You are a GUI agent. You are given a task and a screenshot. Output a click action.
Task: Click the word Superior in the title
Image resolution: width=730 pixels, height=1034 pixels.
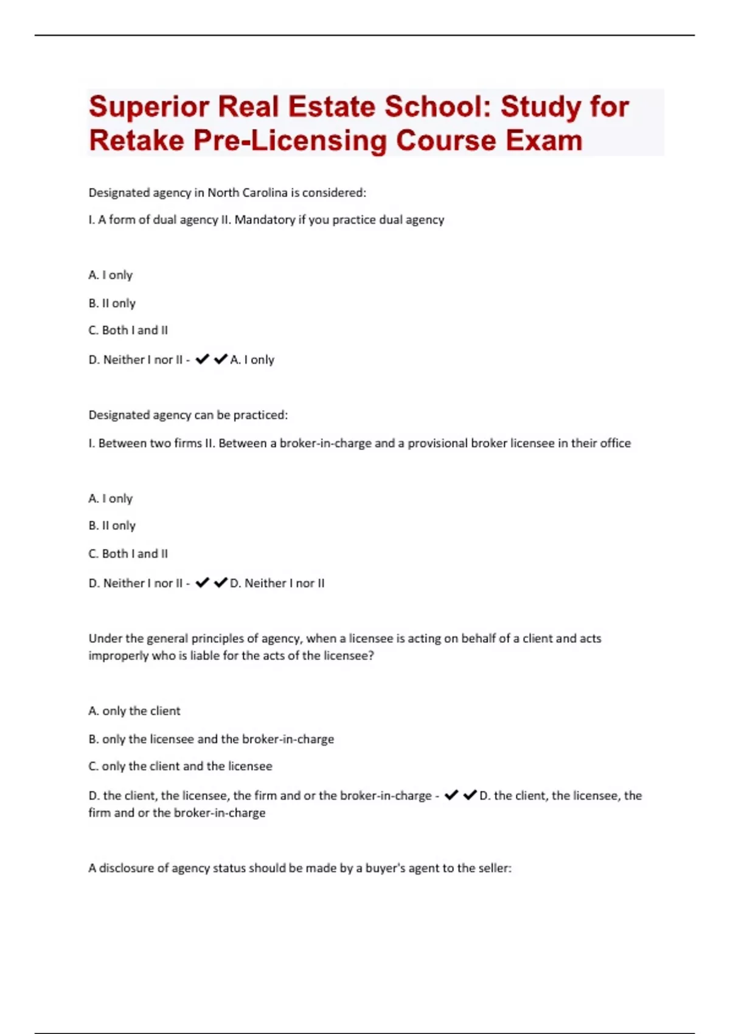(x=148, y=107)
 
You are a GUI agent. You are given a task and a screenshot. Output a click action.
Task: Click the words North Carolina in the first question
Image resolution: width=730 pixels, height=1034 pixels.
(x=248, y=193)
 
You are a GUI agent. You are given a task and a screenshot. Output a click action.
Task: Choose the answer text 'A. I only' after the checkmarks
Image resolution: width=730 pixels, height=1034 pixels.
(x=252, y=359)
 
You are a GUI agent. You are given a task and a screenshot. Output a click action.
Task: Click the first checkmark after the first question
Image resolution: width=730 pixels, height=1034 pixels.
(x=203, y=359)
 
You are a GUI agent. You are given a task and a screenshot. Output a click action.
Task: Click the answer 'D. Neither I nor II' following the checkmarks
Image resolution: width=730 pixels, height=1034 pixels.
(x=277, y=583)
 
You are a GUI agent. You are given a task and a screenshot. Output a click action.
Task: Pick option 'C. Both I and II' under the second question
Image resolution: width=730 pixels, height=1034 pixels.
(x=128, y=553)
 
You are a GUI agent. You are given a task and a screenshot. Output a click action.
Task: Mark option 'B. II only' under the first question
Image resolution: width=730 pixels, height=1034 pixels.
(x=112, y=303)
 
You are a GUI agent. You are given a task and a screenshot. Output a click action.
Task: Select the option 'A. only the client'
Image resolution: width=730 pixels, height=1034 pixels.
(x=134, y=710)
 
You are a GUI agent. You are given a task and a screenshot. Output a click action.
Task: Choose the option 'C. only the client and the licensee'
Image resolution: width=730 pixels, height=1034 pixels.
(x=181, y=766)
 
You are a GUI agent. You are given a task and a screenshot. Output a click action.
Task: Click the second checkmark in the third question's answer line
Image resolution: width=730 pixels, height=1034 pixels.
(x=470, y=795)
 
